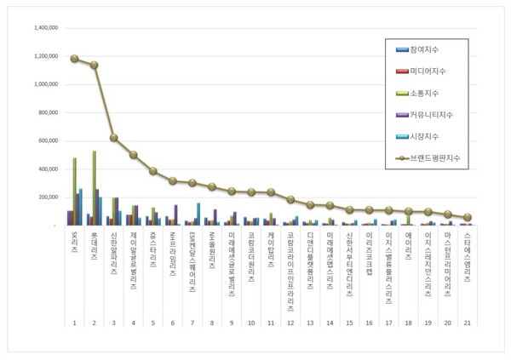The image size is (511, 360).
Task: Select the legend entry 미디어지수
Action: pyautogui.click(x=434, y=69)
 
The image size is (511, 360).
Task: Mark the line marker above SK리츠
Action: pyautogui.click(x=75, y=59)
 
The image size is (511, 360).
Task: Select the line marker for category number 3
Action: pyautogui.click(x=114, y=138)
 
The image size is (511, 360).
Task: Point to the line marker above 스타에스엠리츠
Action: pyautogui.click(x=467, y=218)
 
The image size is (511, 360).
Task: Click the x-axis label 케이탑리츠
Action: pyautogui.click(x=271, y=244)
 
